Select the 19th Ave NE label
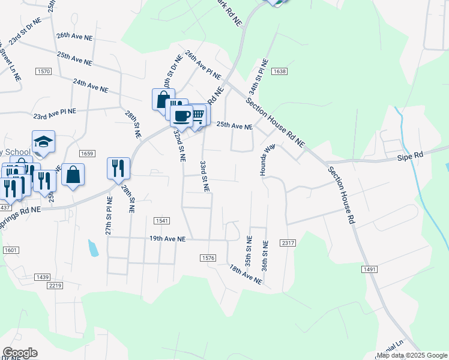(x=167, y=239)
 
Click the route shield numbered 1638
(x=279, y=71)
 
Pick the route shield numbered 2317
(x=288, y=242)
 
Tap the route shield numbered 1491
(x=369, y=269)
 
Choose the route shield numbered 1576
(x=208, y=257)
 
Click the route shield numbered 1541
(x=161, y=221)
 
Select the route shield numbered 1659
(x=87, y=154)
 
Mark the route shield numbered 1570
(x=44, y=71)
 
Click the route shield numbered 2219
(x=56, y=285)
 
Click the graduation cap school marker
(x=43, y=142)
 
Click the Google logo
(x=20, y=353)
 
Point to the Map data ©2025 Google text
(x=412, y=355)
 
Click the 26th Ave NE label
(x=74, y=37)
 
